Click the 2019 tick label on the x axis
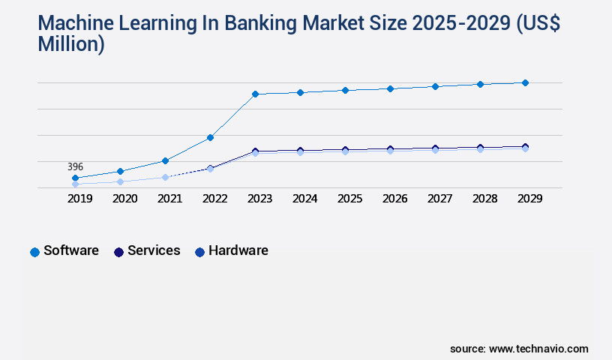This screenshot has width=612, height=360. (80, 199)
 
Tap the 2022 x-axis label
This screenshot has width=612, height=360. (215, 199)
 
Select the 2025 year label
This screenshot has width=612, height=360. (349, 199)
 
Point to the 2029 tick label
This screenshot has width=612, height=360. (529, 199)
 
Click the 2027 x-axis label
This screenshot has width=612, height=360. (439, 199)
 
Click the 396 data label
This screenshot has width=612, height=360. (75, 166)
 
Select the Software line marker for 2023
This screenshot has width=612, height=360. (255, 94)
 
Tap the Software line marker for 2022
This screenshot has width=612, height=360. (211, 137)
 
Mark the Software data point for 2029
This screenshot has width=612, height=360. (525, 82)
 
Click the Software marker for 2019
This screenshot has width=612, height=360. (76, 178)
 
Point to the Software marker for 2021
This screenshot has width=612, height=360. (165, 160)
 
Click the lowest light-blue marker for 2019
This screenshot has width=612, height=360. (76, 184)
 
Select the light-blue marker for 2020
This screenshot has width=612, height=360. (120, 181)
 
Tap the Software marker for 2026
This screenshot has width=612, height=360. (390, 88)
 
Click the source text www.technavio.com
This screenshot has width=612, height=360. (538, 349)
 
